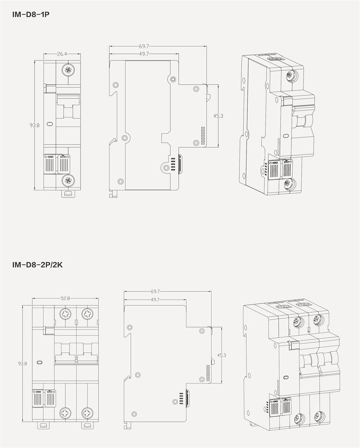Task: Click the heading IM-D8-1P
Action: pyautogui.click(x=31, y=14)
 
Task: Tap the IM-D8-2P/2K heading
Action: pyautogui.click(x=37, y=265)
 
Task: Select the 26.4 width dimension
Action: pyautogui.click(x=62, y=54)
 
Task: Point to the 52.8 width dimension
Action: pyautogui.click(x=65, y=298)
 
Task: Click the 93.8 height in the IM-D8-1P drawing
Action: pyautogui.click(x=34, y=125)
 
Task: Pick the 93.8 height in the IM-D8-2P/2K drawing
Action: pyautogui.click(x=22, y=364)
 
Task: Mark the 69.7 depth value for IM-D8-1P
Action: pyautogui.click(x=144, y=46)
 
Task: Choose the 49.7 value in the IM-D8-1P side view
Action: pyautogui.click(x=144, y=54)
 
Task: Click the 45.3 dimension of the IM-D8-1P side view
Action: pyautogui.click(x=218, y=116)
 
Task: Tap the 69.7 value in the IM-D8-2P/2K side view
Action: pyautogui.click(x=155, y=291)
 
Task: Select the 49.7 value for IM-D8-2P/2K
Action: pyautogui.click(x=155, y=300)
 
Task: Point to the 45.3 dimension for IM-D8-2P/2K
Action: pyautogui.click(x=221, y=355)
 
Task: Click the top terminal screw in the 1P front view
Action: pyautogui.click(x=68, y=70)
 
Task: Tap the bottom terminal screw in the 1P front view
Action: pyautogui.click(x=68, y=180)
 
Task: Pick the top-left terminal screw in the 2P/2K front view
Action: pyautogui.click(x=65, y=314)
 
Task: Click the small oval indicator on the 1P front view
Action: pyautogui.click(x=50, y=124)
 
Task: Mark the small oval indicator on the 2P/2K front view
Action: pyautogui.click(x=40, y=362)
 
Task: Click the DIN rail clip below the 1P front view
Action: pyautogui.click(x=68, y=194)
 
